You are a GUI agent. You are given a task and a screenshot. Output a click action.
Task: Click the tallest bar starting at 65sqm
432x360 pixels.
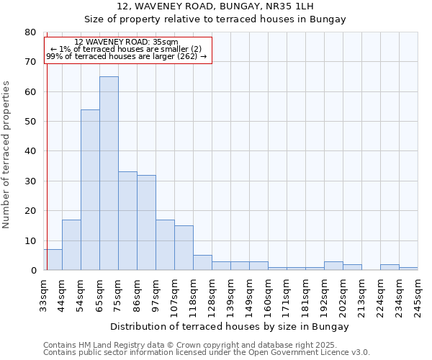click(109, 173)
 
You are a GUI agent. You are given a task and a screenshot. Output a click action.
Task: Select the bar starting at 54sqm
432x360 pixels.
click(90, 190)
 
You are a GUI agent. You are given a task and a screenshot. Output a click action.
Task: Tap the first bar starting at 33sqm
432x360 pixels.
click(53, 260)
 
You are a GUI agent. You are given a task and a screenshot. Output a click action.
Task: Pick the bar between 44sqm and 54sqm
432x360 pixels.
click(71, 245)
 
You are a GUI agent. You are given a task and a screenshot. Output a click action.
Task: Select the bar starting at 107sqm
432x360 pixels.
click(184, 248)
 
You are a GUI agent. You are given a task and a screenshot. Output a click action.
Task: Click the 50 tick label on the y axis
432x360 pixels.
click(31, 122)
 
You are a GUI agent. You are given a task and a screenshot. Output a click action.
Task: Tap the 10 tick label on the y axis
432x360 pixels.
click(31, 241)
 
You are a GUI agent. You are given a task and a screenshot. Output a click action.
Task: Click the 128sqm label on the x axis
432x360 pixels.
click(212, 295)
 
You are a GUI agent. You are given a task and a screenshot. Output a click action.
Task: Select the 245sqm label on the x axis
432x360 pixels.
click(418, 295)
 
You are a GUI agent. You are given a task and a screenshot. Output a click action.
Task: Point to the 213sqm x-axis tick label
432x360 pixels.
click(361, 295)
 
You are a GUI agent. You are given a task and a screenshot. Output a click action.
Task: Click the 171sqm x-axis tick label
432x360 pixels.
click(287, 295)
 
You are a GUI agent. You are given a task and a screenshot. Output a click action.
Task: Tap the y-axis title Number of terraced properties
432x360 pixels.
click(6, 154)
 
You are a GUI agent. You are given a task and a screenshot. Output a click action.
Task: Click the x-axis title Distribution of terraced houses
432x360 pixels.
click(230, 326)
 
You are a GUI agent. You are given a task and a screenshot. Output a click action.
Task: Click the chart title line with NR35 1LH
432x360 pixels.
click(230, 6)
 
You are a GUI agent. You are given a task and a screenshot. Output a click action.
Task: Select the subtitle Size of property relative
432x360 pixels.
click(230, 19)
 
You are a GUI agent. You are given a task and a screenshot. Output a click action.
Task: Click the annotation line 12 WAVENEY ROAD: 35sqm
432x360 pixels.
click(126, 42)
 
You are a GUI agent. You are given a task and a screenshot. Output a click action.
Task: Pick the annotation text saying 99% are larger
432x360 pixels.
click(126, 56)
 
